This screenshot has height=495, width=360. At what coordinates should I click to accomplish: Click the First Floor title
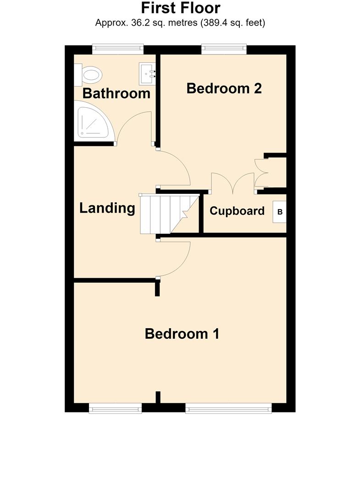181,8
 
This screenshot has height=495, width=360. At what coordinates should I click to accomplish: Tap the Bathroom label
116,93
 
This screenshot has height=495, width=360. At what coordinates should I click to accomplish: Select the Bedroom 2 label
224,88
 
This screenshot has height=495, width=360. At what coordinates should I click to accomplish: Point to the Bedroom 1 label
182,334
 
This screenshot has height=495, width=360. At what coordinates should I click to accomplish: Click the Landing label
107,209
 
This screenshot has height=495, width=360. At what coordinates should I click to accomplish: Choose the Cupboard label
237,211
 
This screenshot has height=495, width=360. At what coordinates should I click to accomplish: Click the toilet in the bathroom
88,75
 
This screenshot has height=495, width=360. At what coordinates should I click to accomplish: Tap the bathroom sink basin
147,73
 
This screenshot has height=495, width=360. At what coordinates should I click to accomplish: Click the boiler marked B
280,212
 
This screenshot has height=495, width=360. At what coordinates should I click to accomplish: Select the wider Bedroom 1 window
229,409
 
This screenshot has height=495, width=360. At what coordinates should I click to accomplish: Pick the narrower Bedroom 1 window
115,409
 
